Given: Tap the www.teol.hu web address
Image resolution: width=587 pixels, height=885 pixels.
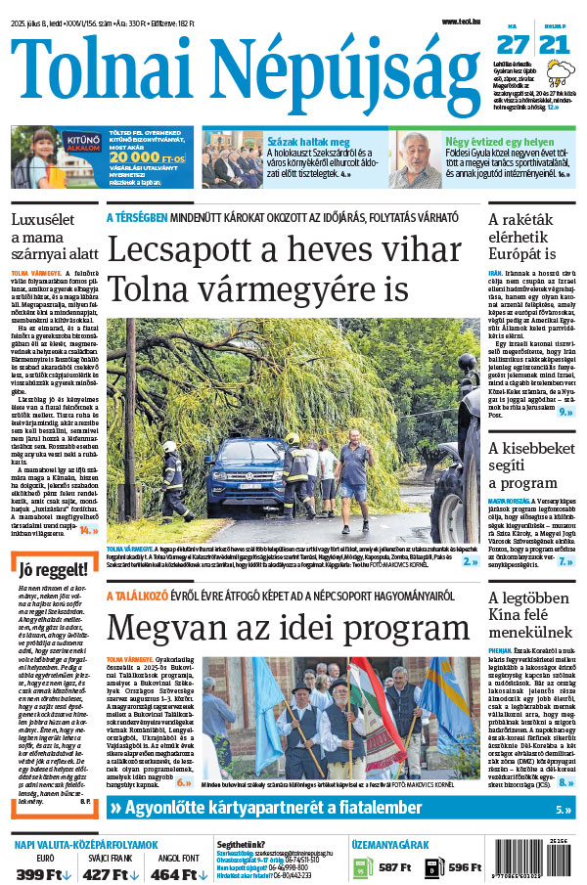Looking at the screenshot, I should [461, 22].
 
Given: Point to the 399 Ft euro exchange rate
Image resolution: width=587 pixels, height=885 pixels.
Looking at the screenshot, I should [39, 873].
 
